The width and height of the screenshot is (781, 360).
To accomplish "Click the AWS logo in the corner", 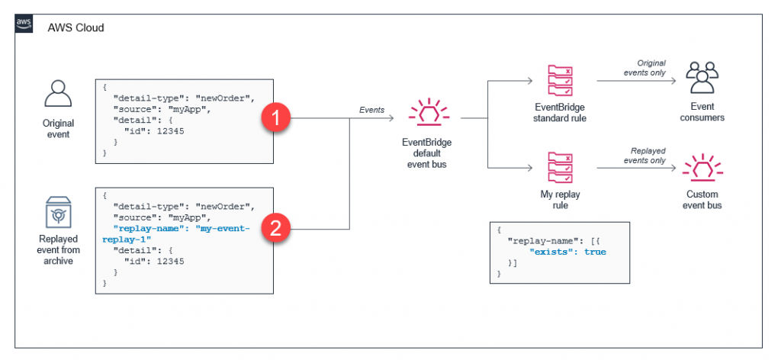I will (x=24, y=24).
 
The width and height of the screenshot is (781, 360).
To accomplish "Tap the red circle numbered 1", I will (x=278, y=119).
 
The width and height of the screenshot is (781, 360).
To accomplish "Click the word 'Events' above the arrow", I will (x=371, y=110).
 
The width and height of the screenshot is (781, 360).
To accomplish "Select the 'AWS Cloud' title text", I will (x=76, y=27).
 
